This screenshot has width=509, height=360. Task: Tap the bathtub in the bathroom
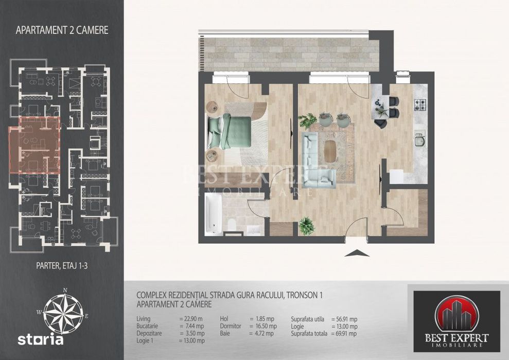[x=213, y=214]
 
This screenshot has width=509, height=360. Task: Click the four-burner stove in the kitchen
[x=421, y=105]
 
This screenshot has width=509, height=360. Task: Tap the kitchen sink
[x=420, y=140]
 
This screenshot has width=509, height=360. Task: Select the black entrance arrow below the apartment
[x=359, y=252]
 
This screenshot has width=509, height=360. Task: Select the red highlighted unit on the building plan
[x=34, y=145]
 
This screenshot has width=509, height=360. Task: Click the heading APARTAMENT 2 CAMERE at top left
[x=62, y=30]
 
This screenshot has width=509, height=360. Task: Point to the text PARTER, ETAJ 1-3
[x=62, y=267]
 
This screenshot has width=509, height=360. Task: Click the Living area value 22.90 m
[x=191, y=319]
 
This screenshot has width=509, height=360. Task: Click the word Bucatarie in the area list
[x=150, y=326]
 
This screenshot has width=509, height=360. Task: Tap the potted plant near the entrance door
[x=307, y=226]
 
